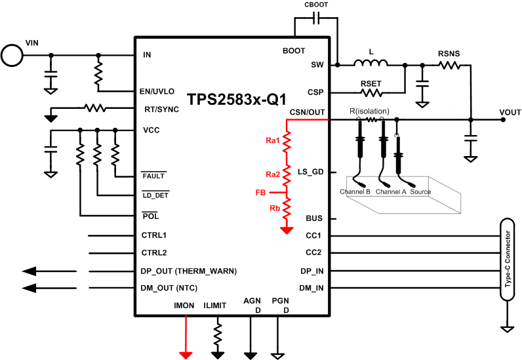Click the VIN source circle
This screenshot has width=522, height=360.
tap(11, 54)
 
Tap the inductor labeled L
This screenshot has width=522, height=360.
tap(371, 64)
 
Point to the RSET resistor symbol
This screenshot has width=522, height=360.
tap(371, 92)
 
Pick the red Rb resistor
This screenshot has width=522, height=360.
tap(287, 209)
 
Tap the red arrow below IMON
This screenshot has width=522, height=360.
tap(186, 353)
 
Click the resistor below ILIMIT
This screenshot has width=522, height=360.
tap(217, 334)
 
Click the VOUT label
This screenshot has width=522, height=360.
tap(510, 113)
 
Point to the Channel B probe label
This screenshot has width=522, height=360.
tap(355, 191)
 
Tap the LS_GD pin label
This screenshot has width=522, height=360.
tap(311, 171)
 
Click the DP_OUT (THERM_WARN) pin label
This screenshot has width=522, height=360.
tap(188, 271)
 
